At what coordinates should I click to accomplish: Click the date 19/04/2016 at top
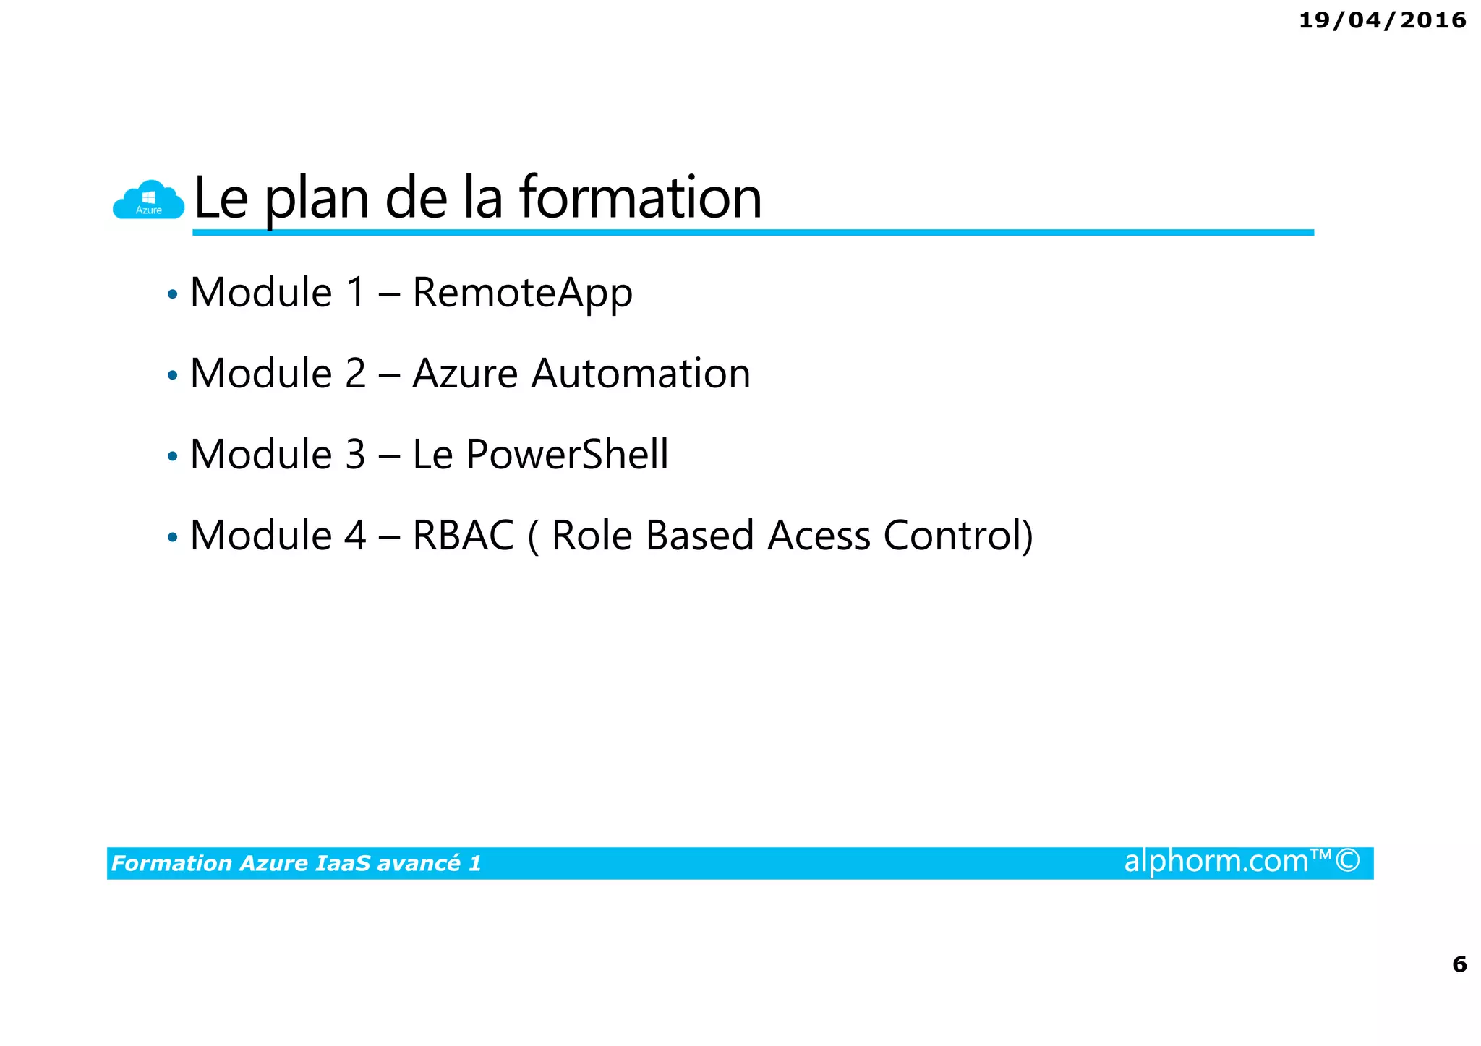(1382, 20)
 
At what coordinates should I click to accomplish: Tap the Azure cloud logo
(149, 200)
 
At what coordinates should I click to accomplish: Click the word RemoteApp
(522, 293)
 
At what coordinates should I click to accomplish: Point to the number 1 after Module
(356, 293)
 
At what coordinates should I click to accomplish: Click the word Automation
(641, 374)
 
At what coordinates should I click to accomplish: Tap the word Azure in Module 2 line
(465, 374)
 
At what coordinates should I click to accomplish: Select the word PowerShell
(567, 455)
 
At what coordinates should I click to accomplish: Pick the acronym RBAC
(463, 536)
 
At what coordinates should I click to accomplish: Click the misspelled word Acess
(819, 536)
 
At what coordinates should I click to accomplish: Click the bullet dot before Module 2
(172, 376)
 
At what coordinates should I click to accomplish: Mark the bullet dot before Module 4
(172, 538)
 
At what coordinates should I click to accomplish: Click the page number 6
(1459, 964)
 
